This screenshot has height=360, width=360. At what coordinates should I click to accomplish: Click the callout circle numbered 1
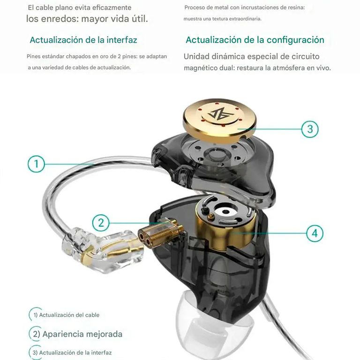point(37,164)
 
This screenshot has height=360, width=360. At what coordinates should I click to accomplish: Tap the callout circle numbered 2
point(101,222)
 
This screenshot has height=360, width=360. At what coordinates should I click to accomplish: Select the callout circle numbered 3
point(310,128)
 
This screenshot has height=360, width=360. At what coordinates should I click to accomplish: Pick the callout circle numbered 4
point(315,232)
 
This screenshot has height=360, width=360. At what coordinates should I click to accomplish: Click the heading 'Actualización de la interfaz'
point(83,40)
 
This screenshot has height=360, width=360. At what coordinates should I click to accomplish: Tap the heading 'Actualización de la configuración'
point(255,40)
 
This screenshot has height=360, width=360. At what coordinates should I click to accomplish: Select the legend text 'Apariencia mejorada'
point(82,334)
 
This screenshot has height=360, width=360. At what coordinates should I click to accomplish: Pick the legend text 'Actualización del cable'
point(69,315)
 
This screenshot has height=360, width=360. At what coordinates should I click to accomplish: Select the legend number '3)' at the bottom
point(35,352)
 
